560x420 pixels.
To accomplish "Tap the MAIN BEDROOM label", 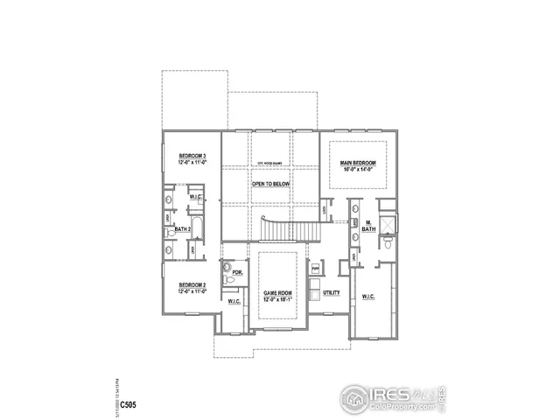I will (358, 163).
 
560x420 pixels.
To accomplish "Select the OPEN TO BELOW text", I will (270, 185).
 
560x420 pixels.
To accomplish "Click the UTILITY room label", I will (331, 293).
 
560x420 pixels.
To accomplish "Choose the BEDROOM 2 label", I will (192, 286).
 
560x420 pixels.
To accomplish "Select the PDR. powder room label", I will (237, 272).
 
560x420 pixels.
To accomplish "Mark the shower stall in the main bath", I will (387, 224).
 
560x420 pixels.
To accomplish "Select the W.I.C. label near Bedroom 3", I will (196, 197).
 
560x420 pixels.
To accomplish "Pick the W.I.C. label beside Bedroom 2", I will (234, 302).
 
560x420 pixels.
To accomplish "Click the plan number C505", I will (128, 404).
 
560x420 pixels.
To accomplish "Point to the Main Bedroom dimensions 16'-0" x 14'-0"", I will (358, 170).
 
